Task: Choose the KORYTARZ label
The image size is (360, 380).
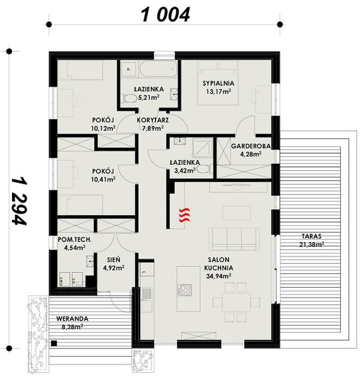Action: click(152, 120)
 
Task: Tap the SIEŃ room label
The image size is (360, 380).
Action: click(114, 260)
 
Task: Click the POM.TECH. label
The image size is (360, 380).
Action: click(74, 239)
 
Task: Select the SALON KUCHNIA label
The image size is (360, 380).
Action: click(220, 264)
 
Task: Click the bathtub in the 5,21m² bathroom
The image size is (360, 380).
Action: click(155, 70)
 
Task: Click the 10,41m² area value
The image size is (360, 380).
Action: click(104, 179)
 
